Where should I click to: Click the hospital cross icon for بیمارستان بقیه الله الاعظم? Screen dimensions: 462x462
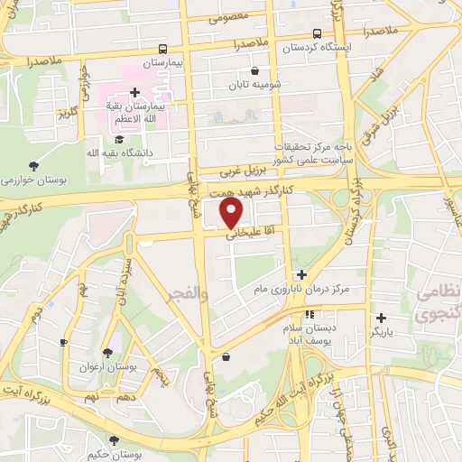pyautogui.click(x=134, y=92)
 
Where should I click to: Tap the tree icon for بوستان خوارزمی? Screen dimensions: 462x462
pyautogui.click(x=34, y=165)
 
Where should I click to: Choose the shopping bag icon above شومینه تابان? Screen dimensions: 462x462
pyautogui.click(x=255, y=70)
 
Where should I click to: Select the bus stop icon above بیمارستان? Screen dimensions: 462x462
pyautogui.click(x=162, y=48)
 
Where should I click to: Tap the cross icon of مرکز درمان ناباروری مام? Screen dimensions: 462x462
pyautogui.click(x=301, y=274)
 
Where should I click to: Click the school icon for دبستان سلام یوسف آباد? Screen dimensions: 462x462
pyautogui.click(x=310, y=316)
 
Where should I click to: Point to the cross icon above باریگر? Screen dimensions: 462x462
pyautogui.click(x=382, y=318)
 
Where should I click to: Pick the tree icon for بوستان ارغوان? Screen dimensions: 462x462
pyautogui.click(x=108, y=353)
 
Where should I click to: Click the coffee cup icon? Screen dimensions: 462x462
pyautogui.click(x=63, y=343)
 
